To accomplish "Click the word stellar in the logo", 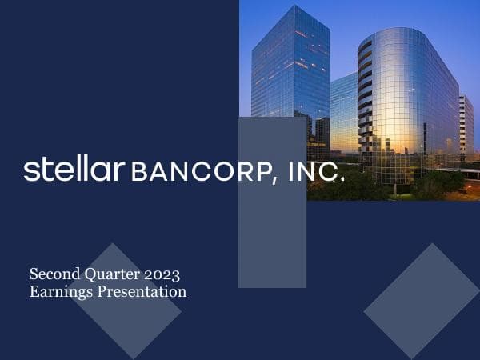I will (x=74, y=170).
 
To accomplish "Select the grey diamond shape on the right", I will (x=422, y=300).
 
